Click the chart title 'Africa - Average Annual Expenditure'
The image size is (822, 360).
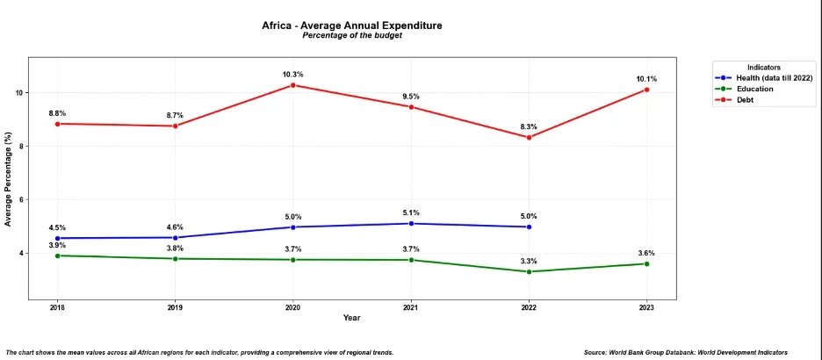click(x=351, y=25)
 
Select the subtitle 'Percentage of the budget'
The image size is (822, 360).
click(x=351, y=36)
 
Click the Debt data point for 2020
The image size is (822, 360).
click(x=292, y=85)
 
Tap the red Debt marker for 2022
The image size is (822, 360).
click(x=529, y=137)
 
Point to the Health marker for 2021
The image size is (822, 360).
click(x=411, y=223)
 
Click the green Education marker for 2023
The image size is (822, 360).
click(x=646, y=263)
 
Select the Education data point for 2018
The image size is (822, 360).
click(x=57, y=256)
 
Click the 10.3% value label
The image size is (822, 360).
click(x=292, y=74)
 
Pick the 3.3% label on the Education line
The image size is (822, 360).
click(x=529, y=261)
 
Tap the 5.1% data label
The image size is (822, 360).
click(x=411, y=212)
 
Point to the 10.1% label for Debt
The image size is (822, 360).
click(x=646, y=78)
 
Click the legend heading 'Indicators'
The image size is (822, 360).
click(x=764, y=68)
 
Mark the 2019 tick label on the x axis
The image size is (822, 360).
click(x=175, y=308)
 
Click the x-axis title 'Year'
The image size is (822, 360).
click(x=351, y=318)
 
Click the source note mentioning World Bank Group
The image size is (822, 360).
click(x=697, y=351)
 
